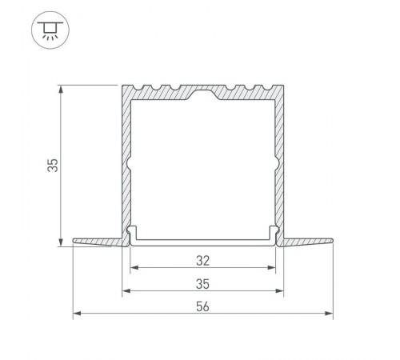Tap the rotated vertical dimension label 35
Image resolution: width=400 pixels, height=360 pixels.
point(52,165)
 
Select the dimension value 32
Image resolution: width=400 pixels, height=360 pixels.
point(202,259)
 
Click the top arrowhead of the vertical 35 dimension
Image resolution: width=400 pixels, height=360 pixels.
point(62,87)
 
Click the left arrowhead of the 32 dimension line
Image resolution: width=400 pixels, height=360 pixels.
point(134,268)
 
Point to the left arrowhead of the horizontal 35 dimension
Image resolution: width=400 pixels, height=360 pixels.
point(125,292)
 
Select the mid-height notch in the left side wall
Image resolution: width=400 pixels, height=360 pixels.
point(129,166)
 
